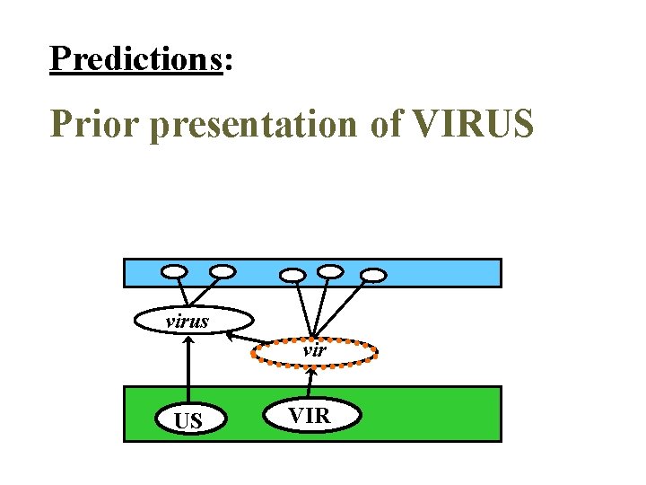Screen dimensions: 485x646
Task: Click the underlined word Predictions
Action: click(x=136, y=58)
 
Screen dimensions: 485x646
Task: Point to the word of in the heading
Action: click(x=386, y=124)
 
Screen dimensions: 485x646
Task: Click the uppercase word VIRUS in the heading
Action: click(x=474, y=124)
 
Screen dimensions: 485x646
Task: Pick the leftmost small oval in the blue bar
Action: click(x=175, y=270)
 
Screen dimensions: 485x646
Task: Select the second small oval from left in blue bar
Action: click(x=223, y=269)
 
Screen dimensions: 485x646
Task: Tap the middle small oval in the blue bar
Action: click(x=293, y=274)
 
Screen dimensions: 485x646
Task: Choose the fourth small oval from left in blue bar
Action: click(x=331, y=269)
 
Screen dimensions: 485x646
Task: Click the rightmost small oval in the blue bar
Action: click(x=374, y=274)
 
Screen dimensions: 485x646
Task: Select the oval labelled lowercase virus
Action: click(x=193, y=320)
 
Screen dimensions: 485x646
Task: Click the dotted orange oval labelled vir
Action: click(x=314, y=351)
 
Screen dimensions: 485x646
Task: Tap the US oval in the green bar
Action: click(x=188, y=419)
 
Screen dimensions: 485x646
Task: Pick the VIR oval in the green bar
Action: click(x=310, y=414)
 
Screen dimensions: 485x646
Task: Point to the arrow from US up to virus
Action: click(x=188, y=368)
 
